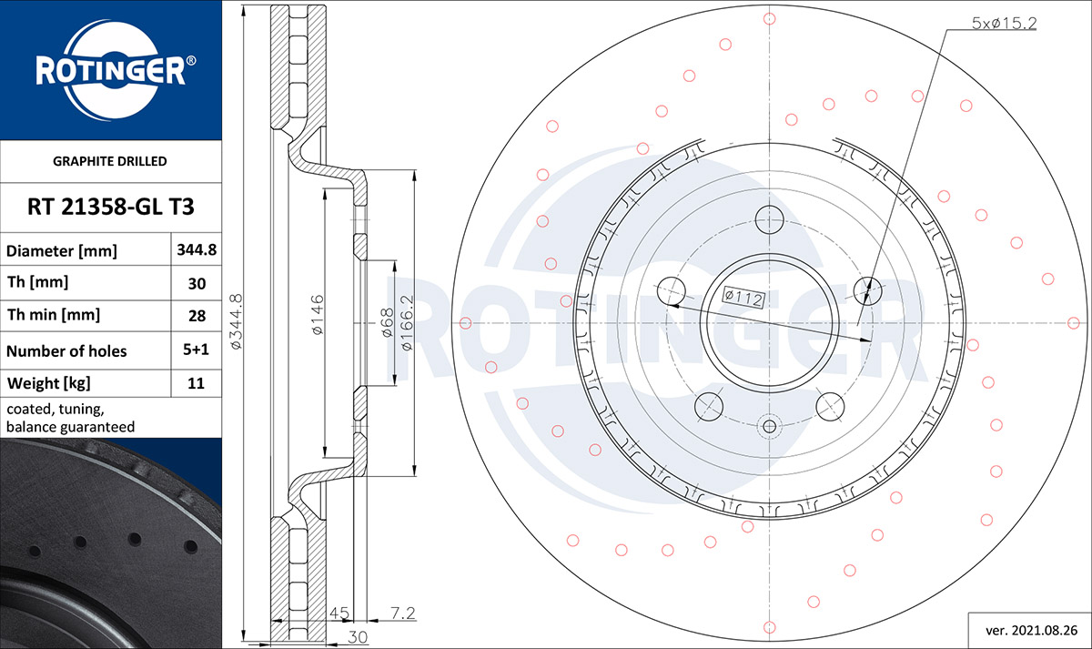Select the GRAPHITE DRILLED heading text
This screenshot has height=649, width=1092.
(x=110, y=161)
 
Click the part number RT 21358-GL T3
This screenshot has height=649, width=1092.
(x=111, y=207)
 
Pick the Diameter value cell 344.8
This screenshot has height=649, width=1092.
(x=197, y=249)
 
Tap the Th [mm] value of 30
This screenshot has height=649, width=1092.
(x=197, y=283)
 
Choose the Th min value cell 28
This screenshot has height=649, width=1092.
(x=197, y=316)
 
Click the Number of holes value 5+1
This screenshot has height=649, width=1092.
(x=196, y=350)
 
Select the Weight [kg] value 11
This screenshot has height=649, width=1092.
(x=196, y=383)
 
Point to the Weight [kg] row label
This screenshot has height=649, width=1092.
(x=49, y=383)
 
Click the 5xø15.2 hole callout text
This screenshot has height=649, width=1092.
(x=1005, y=23)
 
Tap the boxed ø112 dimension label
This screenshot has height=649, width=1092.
(x=743, y=297)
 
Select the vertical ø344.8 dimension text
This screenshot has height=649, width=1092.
(x=236, y=321)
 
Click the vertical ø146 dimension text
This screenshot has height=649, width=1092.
(x=318, y=315)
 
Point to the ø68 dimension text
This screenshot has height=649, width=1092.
(x=387, y=322)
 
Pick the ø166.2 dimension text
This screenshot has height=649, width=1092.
(x=407, y=323)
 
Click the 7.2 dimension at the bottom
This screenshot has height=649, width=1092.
(x=402, y=613)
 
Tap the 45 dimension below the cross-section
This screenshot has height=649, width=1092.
(x=339, y=613)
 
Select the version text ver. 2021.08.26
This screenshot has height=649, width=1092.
(x=1032, y=631)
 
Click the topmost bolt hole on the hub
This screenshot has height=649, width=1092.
(x=769, y=219)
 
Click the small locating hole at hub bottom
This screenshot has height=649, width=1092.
(x=769, y=427)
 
